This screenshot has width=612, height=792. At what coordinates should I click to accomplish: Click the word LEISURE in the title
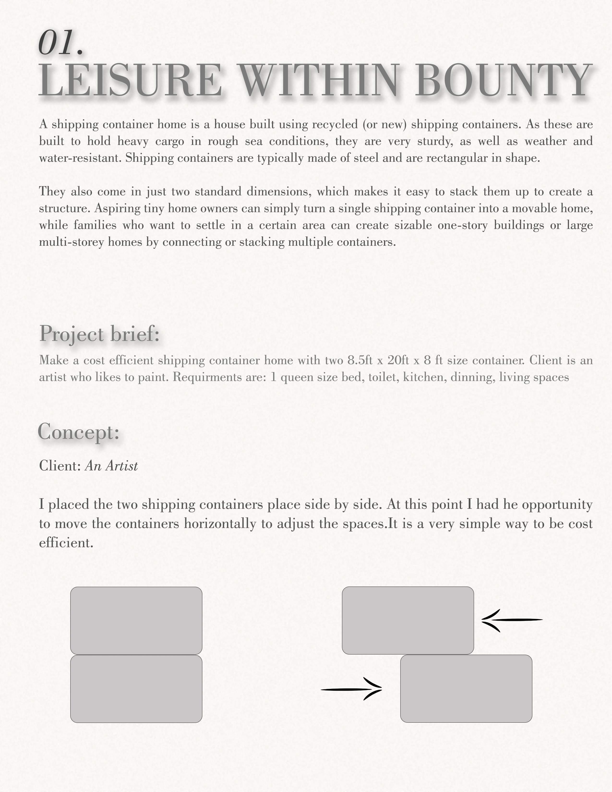(131, 80)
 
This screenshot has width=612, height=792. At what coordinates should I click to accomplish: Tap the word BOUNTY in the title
(504, 80)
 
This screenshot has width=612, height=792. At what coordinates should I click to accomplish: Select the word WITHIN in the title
(319, 80)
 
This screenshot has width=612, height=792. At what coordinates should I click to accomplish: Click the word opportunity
(557, 505)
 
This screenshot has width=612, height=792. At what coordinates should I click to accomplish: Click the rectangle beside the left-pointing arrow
(408, 620)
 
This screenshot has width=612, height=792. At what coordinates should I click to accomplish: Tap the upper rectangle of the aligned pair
(136, 620)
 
